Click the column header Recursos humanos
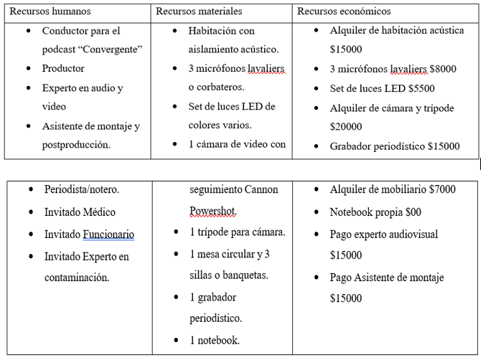pyautogui.click(x=50, y=11)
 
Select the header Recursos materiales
pyautogui.click(x=199, y=11)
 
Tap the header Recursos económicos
pyautogui.click(x=344, y=11)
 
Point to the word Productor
pyautogui.click(x=63, y=69)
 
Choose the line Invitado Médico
pyautogui.click(x=80, y=212)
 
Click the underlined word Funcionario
pyautogui.click(x=108, y=235)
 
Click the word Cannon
pyautogui.click(x=259, y=189)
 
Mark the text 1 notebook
pyautogui.click(x=215, y=340)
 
